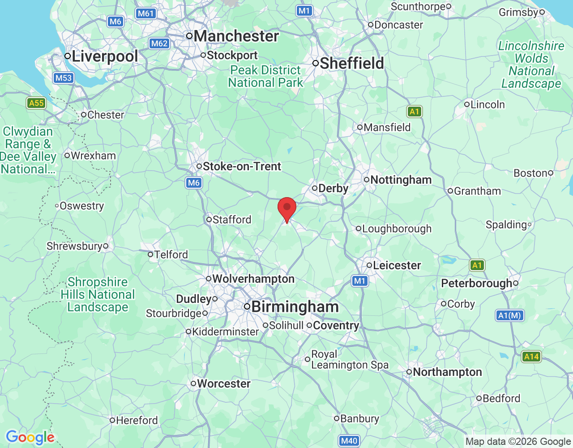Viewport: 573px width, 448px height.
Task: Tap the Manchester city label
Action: pyautogui.click(x=236, y=36)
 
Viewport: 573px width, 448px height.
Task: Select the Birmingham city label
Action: pyautogui.click(x=295, y=307)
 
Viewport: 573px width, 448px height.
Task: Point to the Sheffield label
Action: pyautogui.click(x=351, y=63)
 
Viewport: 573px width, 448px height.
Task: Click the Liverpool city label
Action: pyautogui.click(x=104, y=56)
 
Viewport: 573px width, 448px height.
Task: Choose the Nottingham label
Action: pyautogui.click(x=401, y=180)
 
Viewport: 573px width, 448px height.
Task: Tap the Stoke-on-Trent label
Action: pyautogui.click(x=242, y=166)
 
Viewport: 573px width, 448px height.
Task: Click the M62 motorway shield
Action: pyautogui.click(x=159, y=43)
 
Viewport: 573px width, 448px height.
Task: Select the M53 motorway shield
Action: pyautogui.click(x=63, y=78)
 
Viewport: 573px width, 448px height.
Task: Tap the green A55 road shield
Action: pyautogui.click(x=36, y=103)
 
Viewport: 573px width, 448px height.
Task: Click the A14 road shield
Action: pyautogui.click(x=531, y=357)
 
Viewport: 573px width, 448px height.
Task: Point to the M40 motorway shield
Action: pyautogui.click(x=349, y=441)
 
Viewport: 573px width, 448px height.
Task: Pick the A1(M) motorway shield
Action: pyautogui.click(x=510, y=315)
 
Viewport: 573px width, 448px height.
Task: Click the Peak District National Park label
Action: pyautogui.click(x=265, y=76)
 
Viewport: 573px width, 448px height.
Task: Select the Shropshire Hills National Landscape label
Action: pyautogui.click(x=98, y=294)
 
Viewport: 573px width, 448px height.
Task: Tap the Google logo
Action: pyautogui.click(x=30, y=437)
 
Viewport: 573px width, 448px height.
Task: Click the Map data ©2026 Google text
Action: pyautogui.click(x=518, y=442)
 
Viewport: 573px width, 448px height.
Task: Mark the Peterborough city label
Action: pyautogui.click(x=476, y=283)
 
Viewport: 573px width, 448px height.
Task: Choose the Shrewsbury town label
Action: pyautogui.click(x=74, y=246)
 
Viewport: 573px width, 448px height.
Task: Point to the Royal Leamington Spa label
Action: pyautogui.click(x=349, y=359)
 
